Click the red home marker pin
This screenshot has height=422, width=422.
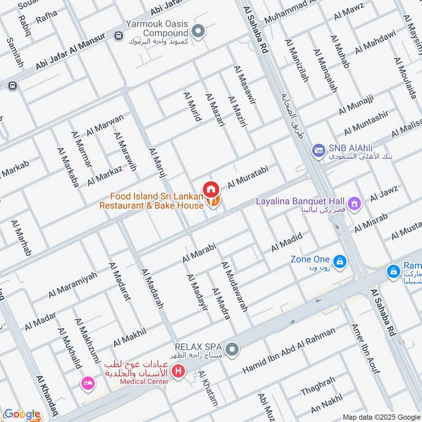pos(211,188)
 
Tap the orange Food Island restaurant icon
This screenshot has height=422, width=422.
pos(213,202)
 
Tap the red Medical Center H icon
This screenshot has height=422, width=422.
pos(179,371)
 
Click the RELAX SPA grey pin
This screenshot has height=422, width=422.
pos(231,349)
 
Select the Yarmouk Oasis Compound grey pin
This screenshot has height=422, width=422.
pos(199,32)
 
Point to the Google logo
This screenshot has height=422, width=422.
pos(22,414)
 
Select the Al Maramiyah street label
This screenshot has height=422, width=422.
pos(73,284)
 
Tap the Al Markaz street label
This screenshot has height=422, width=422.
pos(105,175)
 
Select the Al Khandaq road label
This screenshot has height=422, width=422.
pos(47,395)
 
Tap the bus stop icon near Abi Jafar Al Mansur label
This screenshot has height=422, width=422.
pos(118,36)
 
